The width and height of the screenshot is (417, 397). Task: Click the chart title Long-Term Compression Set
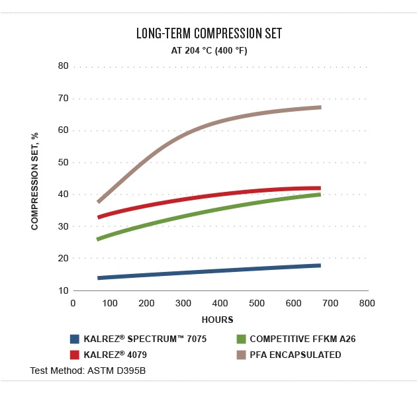tap(208, 34)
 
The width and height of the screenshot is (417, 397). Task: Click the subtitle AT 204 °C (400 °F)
tap(208, 50)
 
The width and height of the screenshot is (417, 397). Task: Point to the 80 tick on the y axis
tap(64, 66)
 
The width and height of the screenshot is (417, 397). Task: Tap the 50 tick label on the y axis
tap(64, 162)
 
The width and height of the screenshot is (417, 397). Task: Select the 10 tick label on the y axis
tap(64, 290)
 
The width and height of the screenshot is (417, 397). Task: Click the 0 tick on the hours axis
tap(73, 303)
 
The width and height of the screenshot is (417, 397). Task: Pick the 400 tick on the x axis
tap(220, 303)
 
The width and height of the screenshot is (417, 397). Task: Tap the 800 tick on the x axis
tap(367, 303)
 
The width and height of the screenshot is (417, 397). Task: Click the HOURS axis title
tap(218, 320)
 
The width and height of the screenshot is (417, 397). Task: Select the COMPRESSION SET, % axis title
tap(35, 181)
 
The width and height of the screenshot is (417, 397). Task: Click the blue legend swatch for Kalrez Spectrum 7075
tap(75, 339)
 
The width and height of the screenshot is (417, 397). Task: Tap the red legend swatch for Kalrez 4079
tap(75, 355)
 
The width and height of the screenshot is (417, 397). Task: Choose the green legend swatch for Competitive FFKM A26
tap(241, 339)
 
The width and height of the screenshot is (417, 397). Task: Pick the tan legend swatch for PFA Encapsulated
tap(241, 355)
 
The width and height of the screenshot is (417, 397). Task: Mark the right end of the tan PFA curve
tap(320, 107)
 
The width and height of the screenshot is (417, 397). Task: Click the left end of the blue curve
tap(99, 278)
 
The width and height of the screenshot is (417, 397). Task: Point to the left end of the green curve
tap(98, 239)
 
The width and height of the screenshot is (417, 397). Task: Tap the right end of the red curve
tap(320, 189)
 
